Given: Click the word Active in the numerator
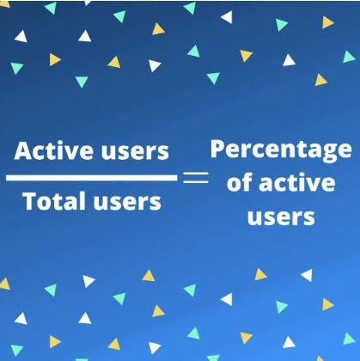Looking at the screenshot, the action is [53, 150].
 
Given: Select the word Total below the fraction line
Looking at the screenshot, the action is [54, 201].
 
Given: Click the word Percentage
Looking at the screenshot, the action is [281, 151].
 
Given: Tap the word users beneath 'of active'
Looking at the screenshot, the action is [281, 217].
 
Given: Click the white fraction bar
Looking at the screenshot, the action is [92, 178].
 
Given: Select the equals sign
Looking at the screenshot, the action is [196, 178].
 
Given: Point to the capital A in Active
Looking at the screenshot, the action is [24, 150].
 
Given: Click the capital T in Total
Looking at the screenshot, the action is [30, 201].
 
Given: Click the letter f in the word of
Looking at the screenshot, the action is [247, 181].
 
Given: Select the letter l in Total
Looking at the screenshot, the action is [82, 201].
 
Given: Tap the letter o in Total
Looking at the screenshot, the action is [45, 204].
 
